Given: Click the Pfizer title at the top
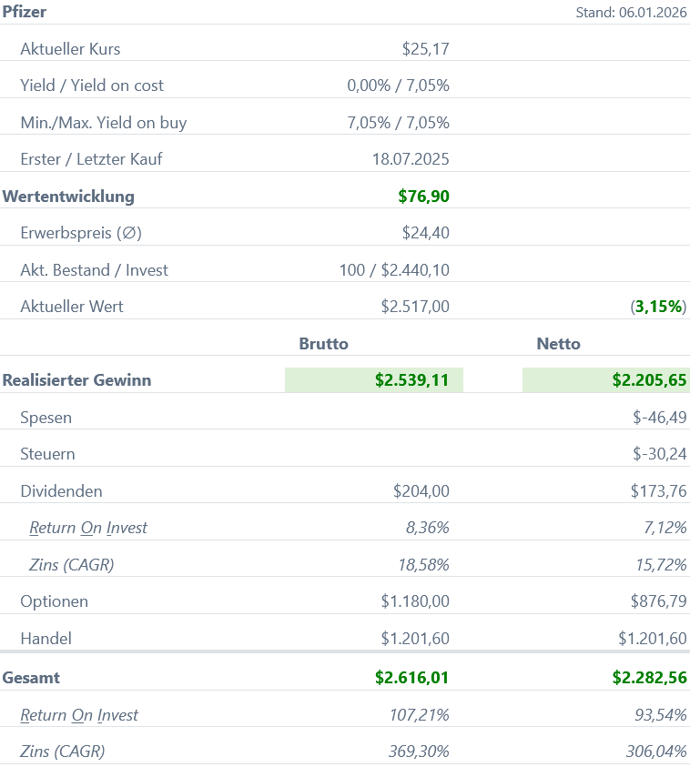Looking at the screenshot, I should coord(25,12).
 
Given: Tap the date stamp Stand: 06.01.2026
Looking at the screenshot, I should coord(631,13).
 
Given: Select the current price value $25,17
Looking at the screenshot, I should coord(425,49).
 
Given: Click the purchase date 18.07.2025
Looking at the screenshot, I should coord(411,159).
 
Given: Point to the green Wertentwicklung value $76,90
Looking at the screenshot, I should coord(423,196).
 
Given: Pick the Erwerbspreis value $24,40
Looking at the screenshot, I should coord(425,233).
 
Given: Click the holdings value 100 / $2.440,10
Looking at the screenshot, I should coord(394,270).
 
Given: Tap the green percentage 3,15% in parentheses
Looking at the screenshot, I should coord(658,307).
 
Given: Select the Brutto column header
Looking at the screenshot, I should coord(324,344).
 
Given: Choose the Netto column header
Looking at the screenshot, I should coord(559,344).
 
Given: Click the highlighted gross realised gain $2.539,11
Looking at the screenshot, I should coord(411,380).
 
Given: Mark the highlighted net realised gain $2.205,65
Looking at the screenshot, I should coord(649,380).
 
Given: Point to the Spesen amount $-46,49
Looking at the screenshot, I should coord(660,418).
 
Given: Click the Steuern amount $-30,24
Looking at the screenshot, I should coord(660,454).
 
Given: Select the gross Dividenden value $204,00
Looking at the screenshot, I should coord(421,491).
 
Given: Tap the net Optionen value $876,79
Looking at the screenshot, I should coord(658,601).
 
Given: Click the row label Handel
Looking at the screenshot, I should coord(46,639).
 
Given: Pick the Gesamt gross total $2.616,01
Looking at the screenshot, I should coord(411,678).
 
